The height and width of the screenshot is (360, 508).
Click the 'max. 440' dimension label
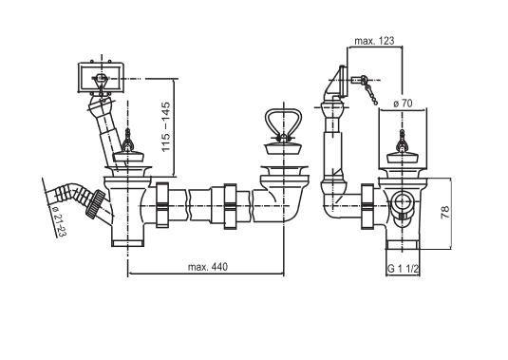pos(208,267)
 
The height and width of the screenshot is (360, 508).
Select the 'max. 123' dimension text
pos(374,41)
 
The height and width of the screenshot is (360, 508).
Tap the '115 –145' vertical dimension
pos(165,126)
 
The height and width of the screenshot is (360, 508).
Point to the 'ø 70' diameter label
pos(403,104)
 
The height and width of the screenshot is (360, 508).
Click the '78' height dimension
pos(445,212)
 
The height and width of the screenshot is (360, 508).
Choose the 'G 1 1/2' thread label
pos(404,269)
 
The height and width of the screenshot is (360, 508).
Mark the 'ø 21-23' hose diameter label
pos(58,221)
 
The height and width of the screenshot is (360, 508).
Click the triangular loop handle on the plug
pos(284,123)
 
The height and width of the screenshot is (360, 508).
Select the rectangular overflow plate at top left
pos(101,78)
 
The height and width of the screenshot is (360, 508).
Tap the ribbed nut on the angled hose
pos(96,202)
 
